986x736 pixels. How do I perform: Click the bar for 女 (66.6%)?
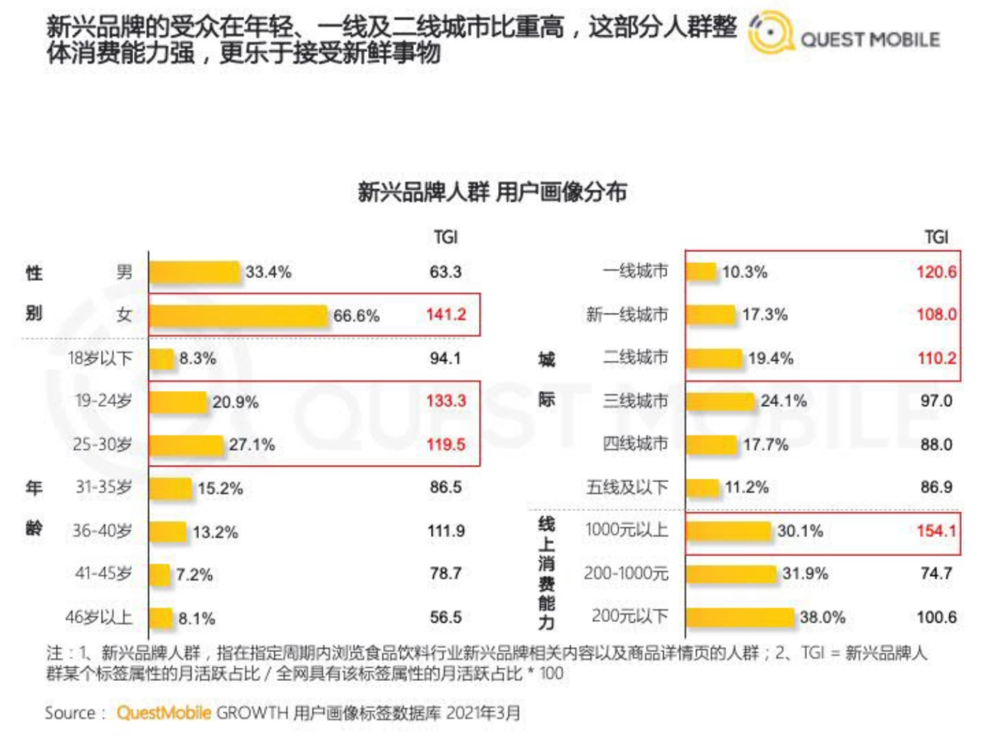tap(239, 315)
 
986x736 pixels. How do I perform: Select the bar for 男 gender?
tap(195, 273)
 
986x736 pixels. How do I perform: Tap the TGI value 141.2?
tap(445, 315)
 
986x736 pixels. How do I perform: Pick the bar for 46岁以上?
tap(161, 618)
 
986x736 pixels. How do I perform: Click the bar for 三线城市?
tap(720, 402)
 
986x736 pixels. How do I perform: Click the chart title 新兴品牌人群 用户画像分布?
tap(492, 193)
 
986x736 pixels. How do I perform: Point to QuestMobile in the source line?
tap(164, 712)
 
